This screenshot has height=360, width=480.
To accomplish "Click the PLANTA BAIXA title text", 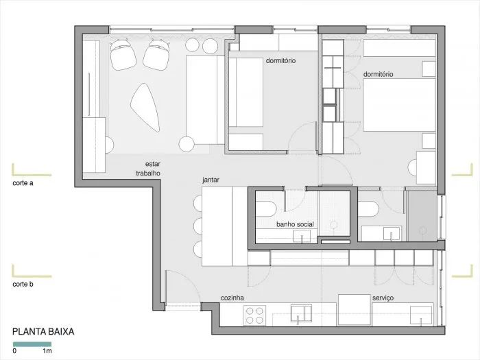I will click(43, 331).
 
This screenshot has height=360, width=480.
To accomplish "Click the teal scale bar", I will click(32, 342).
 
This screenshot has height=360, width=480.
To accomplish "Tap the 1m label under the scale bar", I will click(48, 352).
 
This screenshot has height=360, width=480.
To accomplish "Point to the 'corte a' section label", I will click(23, 184).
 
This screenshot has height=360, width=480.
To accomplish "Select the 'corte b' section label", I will click(23, 283).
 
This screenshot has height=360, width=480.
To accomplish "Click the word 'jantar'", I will click(211, 180).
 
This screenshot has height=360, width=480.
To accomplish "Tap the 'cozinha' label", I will click(232, 298).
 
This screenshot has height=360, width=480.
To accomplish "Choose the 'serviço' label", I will click(382, 298).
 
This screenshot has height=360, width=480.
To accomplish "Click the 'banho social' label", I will click(296, 224).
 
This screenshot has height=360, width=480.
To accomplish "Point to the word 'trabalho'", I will click(147, 173).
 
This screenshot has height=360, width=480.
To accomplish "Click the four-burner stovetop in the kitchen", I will click(254, 315).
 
